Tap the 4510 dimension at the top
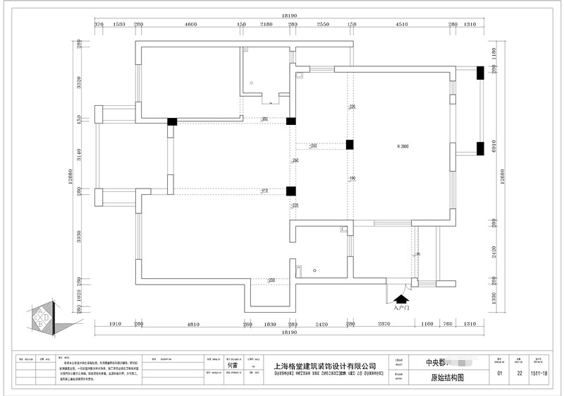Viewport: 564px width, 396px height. pyautogui.click(x=401, y=25)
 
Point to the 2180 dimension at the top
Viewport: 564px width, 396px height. pyautogui.click(x=266, y=25)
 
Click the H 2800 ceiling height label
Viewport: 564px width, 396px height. pyautogui.click(x=403, y=146)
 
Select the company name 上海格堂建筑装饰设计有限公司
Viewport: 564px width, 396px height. pyautogui.click(x=324, y=366)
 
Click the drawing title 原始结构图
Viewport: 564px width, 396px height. pyautogui.click(x=447, y=378)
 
